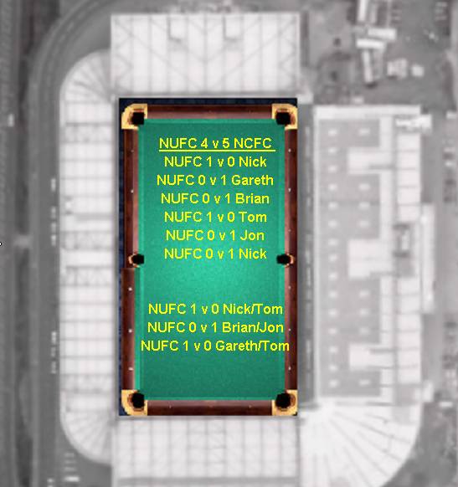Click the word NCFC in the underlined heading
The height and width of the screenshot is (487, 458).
253,143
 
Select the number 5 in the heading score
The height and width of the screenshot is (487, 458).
226,143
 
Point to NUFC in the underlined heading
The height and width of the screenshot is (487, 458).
178,143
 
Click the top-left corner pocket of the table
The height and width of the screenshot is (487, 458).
137,118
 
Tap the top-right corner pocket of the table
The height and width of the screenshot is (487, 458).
283,118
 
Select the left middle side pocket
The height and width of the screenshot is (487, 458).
136,259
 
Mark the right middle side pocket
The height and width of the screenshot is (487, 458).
283,259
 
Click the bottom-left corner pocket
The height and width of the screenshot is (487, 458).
137,400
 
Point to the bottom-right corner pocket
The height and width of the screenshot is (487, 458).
283,400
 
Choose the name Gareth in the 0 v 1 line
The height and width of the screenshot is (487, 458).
252,180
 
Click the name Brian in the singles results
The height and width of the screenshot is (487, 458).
252,198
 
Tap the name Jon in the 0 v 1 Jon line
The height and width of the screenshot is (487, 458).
252,235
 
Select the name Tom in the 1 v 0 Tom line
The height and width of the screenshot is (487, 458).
253,217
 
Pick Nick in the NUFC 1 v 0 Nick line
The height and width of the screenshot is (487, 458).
253,161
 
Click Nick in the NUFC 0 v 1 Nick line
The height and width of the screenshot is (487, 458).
253,254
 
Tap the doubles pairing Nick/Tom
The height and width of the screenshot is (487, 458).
253,309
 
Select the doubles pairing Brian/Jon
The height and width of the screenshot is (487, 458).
253,327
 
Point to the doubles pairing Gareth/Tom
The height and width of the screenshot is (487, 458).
252,346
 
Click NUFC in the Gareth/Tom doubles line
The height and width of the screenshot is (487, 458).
160,346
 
